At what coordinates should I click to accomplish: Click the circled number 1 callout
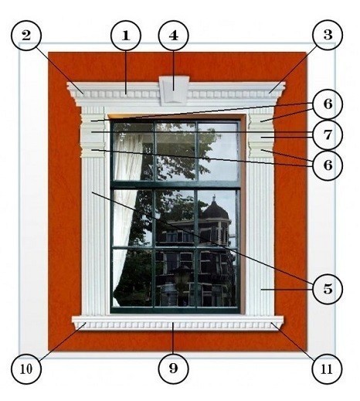click(x=126, y=36)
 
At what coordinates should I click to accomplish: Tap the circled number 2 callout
click(x=26, y=36)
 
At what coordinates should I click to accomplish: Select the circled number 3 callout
click(x=328, y=35)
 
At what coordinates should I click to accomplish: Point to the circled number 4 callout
click(x=174, y=36)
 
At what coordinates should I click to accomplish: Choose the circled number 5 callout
click(x=328, y=288)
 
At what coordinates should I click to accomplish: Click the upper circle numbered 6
click(x=328, y=104)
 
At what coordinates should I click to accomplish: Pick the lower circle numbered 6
click(x=328, y=165)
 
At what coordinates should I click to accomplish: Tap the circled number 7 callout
click(x=328, y=134)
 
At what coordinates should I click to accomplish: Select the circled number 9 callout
click(x=174, y=369)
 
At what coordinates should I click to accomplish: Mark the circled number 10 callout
click(x=26, y=369)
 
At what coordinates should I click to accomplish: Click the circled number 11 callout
click(x=327, y=369)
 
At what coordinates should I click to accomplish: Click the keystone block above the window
click(x=174, y=90)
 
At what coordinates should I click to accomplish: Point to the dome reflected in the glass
click(x=216, y=210)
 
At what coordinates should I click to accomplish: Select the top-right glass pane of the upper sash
click(x=218, y=151)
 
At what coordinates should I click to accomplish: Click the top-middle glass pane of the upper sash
click(x=175, y=151)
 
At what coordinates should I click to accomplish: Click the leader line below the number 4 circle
click(x=174, y=70)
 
